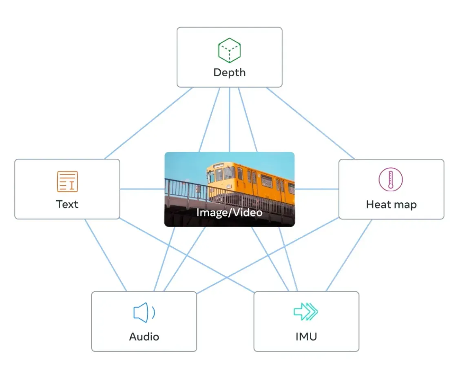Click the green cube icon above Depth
click(230, 50)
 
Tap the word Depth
click(230, 73)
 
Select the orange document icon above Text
click(67, 182)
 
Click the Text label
click(67, 204)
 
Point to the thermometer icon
click(391, 180)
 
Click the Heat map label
click(391, 204)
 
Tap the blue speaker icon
click(144, 313)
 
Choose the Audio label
click(144, 337)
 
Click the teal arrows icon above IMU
click(306, 311)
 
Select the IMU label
click(306, 337)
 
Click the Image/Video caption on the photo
click(230, 212)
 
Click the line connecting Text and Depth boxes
click(149, 123)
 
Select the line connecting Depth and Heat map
click(310, 123)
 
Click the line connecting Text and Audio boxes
click(106, 255)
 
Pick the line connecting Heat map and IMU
click(349, 255)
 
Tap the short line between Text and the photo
click(142, 189)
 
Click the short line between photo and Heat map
click(317, 189)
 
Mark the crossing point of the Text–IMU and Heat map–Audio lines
click(226, 277)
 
